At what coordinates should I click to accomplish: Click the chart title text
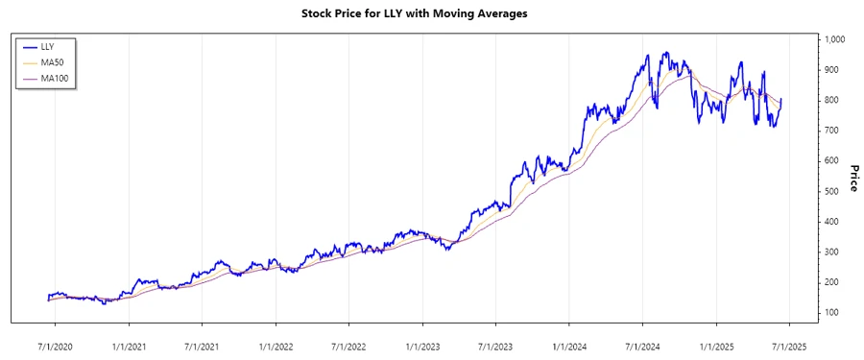tap(414, 13)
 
